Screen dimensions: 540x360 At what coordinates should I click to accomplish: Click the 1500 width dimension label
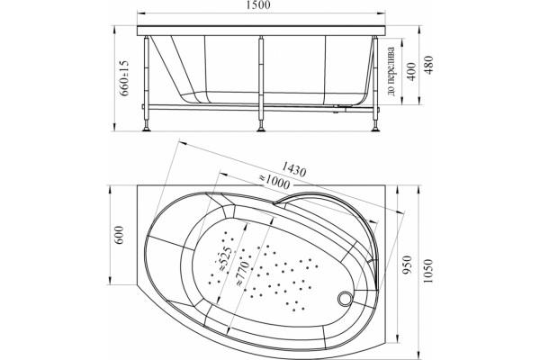point(260,4)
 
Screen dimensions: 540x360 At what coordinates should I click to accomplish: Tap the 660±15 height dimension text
point(124,78)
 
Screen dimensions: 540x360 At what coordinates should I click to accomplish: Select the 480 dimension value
point(429,65)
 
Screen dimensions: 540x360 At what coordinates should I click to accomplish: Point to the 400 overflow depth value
point(411,71)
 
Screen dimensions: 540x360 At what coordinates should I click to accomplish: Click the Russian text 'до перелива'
point(391,71)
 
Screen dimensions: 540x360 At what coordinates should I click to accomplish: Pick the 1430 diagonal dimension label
point(293,169)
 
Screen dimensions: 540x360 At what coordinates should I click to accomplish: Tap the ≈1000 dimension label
point(274,181)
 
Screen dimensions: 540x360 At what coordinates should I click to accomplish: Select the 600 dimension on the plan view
point(118,235)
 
